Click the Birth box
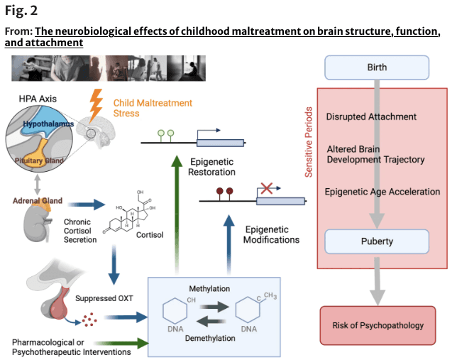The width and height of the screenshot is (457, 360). click(x=377, y=67)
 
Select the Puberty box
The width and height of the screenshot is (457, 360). click(x=377, y=241)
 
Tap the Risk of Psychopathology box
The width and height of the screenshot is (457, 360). click(x=377, y=325)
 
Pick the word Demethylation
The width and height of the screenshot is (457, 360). click(x=210, y=338)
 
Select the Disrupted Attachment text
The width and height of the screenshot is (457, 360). click(x=371, y=116)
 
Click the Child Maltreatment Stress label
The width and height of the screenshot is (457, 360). click(x=153, y=109)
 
